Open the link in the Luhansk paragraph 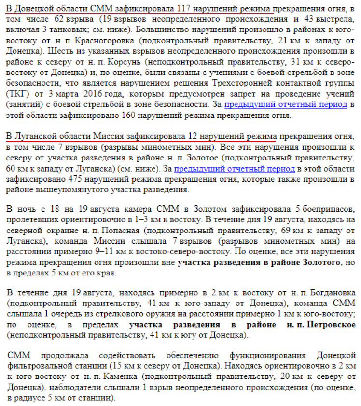(234, 168)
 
